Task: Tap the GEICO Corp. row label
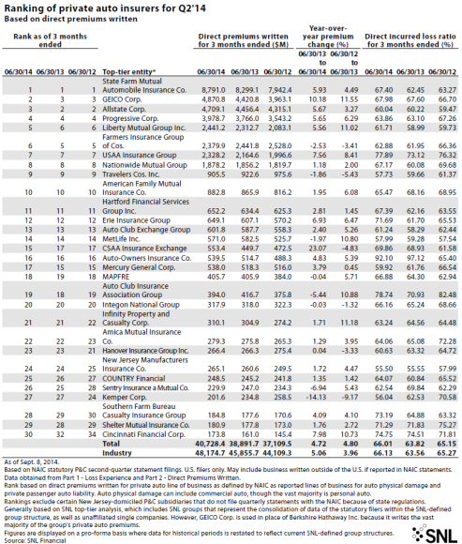click(x=107, y=97)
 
